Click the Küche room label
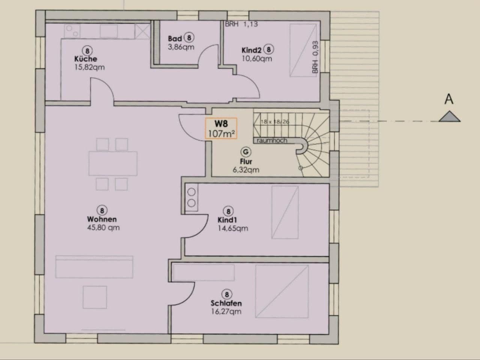coord(85,59)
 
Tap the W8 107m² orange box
coord(221,129)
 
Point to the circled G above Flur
coord(246,152)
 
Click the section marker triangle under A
coord(450,117)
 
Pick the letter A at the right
coord(449,99)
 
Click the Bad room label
coord(175,38)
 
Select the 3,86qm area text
coord(181,48)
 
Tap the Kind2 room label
coord(251,50)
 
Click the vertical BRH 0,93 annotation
coord(315,57)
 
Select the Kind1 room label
coord(227,220)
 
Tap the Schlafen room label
coord(226,303)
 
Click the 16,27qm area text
coord(226,312)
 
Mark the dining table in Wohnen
coord(113,163)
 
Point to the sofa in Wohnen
coord(94,267)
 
